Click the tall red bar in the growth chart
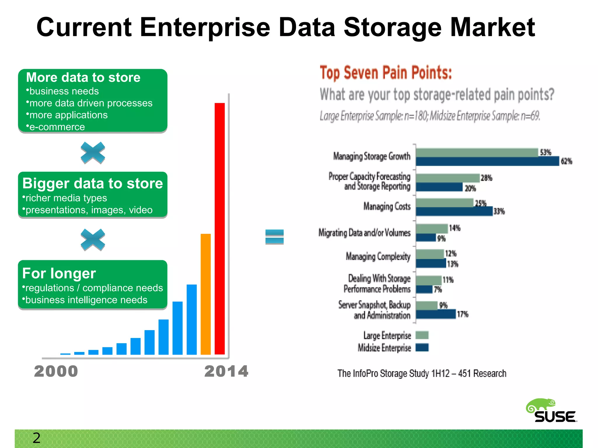coord(220,229)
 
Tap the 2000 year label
coord(56,371)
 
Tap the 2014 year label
coord(226,371)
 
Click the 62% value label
coord(566,161)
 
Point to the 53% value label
coord(545,152)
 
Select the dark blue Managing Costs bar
coord(454,211)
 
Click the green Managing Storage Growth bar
coord(477,153)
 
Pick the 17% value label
coord(463,314)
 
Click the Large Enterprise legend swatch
coord(422,335)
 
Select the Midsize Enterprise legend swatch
coord(422,347)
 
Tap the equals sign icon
coord(274,237)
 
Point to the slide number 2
coord(36,438)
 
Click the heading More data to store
coord(83,78)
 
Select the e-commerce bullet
coord(57,127)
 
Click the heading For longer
coord(59,274)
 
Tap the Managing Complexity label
coord(378,256)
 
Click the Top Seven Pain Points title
coord(386,73)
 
